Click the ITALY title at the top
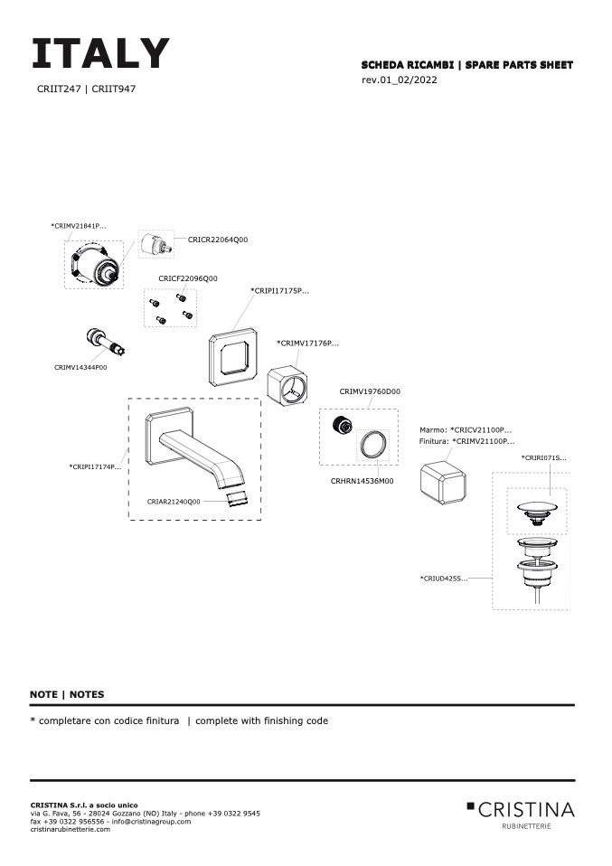coord(100,54)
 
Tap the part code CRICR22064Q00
coord(218,240)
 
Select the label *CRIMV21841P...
coord(79,225)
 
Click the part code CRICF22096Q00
coord(188,278)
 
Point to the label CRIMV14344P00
coord(80,368)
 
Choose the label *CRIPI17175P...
coord(279,291)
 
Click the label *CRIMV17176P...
coord(307,344)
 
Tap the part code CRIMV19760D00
coord(370,391)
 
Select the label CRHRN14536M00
coord(362,481)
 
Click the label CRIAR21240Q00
coord(175,500)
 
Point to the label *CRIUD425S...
coord(444,578)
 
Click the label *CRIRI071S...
coord(544,458)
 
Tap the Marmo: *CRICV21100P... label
coord(466,429)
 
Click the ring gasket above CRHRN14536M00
coord(373,444)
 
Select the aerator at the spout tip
coord(235,498)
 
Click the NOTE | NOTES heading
coord(67,694)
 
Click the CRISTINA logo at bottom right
coord(521,810)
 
